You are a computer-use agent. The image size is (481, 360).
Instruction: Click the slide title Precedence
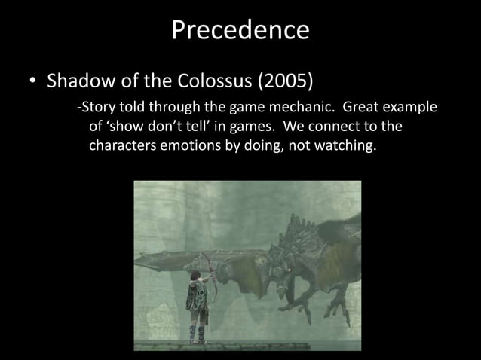click(x=240, y=30)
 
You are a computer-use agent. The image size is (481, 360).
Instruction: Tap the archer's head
click(x=195, y=278)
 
